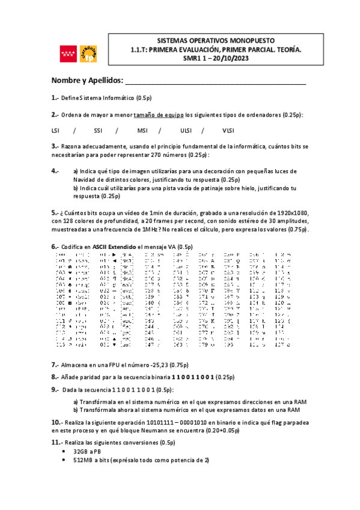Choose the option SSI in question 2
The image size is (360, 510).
pos(99,131)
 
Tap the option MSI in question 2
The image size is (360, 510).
pos(142,131)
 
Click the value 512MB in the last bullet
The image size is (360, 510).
pos(82,460)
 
